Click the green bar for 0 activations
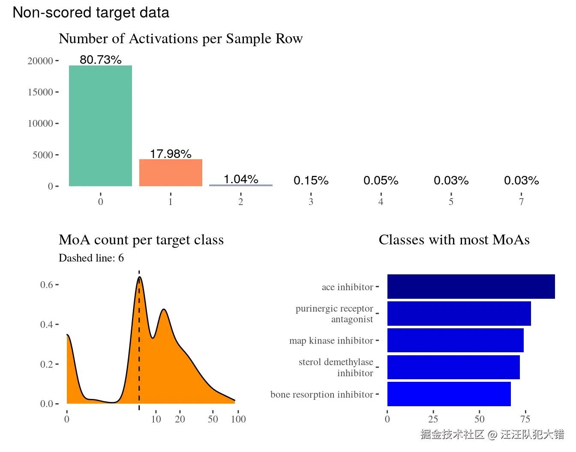pyautogui.click(x=100, y=126)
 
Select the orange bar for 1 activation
pyautogui.click(x=171, y=172)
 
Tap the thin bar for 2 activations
pyautogui.click(x=241, y=185)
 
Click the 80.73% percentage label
pyautogui.click(x=101, y=60)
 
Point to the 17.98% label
pyautogui.click(x=171, y=154)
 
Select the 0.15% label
pyautogui.click(x=311, y=181)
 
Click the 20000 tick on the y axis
pyautogui.click(x=40, y=61)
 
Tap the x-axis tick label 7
pyautogui.click(x=521, y=202)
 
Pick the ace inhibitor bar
pyautogui.click(x=471, y=286)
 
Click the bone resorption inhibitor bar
pyautogui.click(x=449, y=394)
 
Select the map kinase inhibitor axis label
pyautogui.click(x=331, y=341)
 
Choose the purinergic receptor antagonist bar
pyautogui.click(x=459, y=313)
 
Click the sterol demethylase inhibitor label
pyautogui.click(x=336, y=367)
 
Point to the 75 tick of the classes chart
pyautogui.click(x=525, y=419)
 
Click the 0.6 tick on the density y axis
pyautogui.click(x=46, y=285)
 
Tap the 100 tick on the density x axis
pyautogui.click(x=238, y=419)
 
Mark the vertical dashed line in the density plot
pyautogui.click(x=139, y=342)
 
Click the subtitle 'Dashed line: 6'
pyautogui.click(x=91, y=258)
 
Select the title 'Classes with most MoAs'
pyautogui.click(x=454, y=240)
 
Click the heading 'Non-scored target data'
pyautogui.click(x=91, y=12)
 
